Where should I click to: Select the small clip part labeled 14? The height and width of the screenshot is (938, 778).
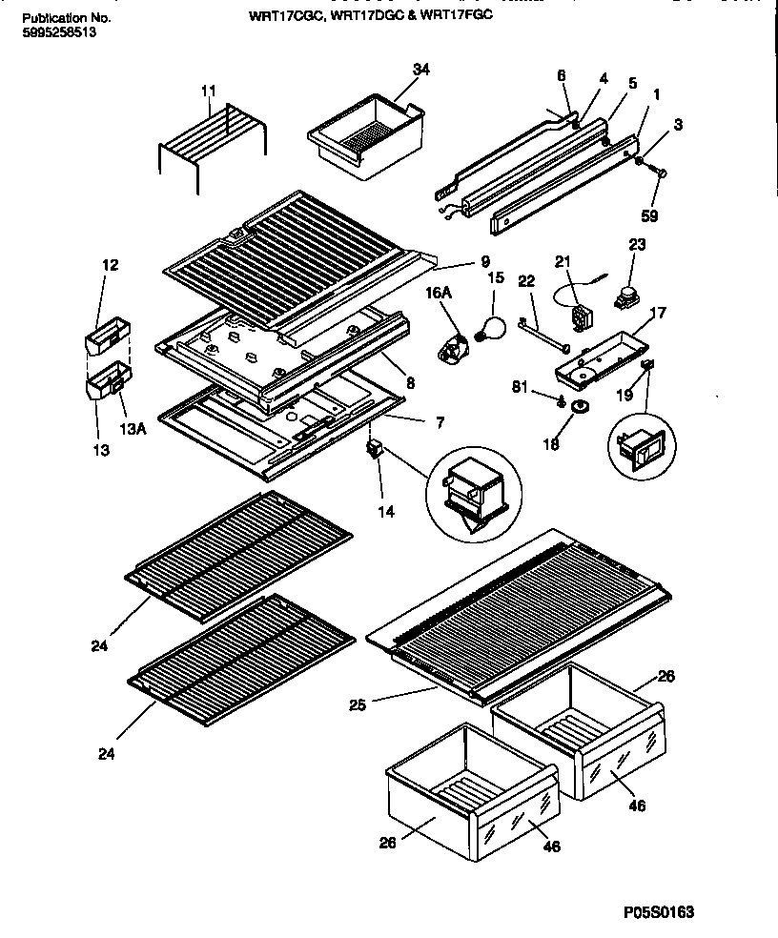point(375,448)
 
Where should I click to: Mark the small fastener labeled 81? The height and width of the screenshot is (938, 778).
point(565,398)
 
